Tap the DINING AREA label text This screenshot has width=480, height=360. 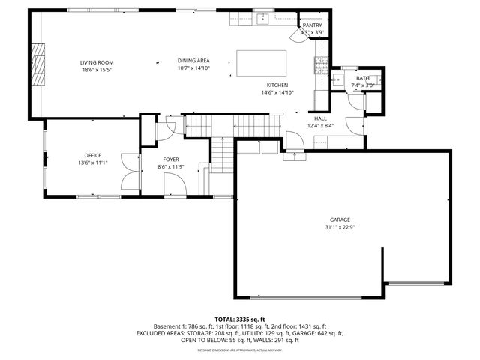pyautogui.click(x=193, y=61)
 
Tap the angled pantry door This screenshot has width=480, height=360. pyautogui.click(x=295, y=36)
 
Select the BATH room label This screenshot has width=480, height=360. pyautogui.click(x=363, y=78)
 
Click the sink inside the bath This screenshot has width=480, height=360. pyautogui.click(x=339, y=78)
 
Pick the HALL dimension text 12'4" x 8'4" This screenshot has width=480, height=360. pyautogui.click(x=320, y=126)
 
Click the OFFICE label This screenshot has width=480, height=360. pyautogui.click(x=92, y=155)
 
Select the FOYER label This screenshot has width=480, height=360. pyautogui.click(x=171, y=160)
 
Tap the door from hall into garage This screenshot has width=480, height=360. pyautogui.click(x=295, y=156)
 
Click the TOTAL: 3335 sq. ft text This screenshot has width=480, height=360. pyautogui.click(x=240, y=319)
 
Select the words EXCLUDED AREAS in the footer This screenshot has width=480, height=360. pyautogui.click(x=162, y=333)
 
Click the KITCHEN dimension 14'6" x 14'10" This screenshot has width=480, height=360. pyautogui.click(x=277, y=93)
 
